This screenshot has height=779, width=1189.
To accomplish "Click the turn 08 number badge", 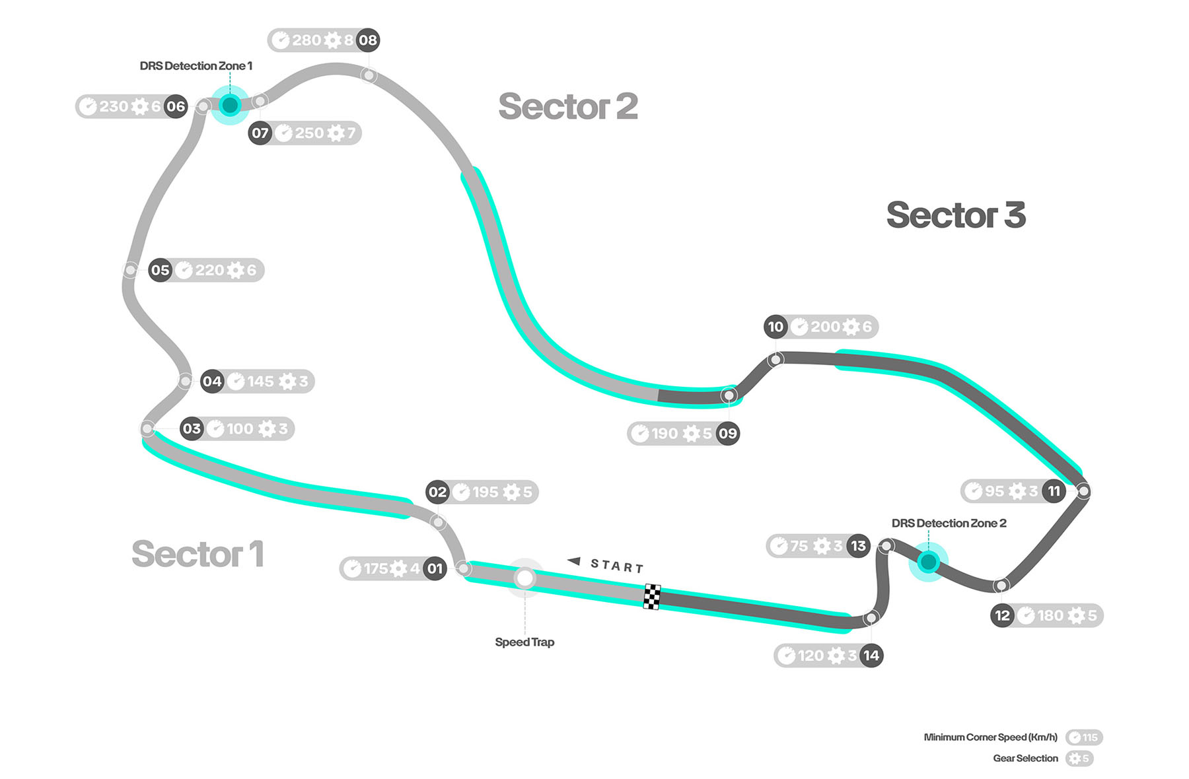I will pyautogui.click(x=368, y=40).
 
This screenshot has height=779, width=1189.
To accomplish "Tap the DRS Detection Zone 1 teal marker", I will pyautogui.click(x=230, y=104).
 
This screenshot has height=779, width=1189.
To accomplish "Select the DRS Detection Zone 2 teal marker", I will pyautogui.click(x=928, y=562).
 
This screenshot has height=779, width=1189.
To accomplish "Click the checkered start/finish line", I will pyautogui.click(x=652, y=597).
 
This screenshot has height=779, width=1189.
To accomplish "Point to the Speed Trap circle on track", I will pyautogui.click(x=525, y=578).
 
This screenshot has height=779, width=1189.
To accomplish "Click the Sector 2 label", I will pyautogui.click(x=568, y=107).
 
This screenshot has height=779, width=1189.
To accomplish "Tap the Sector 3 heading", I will pyautogui.click(x=956, y=215).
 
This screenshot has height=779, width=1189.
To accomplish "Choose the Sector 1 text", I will pyautogui.click(x=198, y=554).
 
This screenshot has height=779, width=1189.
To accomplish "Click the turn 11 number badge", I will pyautogui.click(x=1054, y=491).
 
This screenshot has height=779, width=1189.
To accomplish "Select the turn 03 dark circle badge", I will pyautogui.click(x=192, y=428).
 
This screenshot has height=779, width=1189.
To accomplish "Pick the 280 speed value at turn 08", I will pyautogui.click(x=306, y=40).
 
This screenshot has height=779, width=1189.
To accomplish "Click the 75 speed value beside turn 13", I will pyautogui.click(x=799, y=546).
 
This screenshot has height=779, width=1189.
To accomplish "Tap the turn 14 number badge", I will pyautogui.click(x=871, y=656).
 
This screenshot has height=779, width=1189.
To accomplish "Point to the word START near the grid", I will pyautogui.click(x=617, y=566).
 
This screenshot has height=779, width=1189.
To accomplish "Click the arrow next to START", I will pyautogui.click(x=574, y=561).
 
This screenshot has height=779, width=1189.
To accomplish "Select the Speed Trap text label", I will pyautogui.click(x=524, y=642).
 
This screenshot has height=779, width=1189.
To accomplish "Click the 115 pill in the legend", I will pyautogui.click(x=1084, y=737).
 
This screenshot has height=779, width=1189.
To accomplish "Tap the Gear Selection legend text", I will pyautogui.click(x=1025, y=759).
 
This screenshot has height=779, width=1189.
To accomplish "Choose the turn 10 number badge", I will pyautogui.click(x=775, y=327).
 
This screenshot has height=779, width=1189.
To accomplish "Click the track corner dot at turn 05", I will pyautogui.click(x=131, y=270).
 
